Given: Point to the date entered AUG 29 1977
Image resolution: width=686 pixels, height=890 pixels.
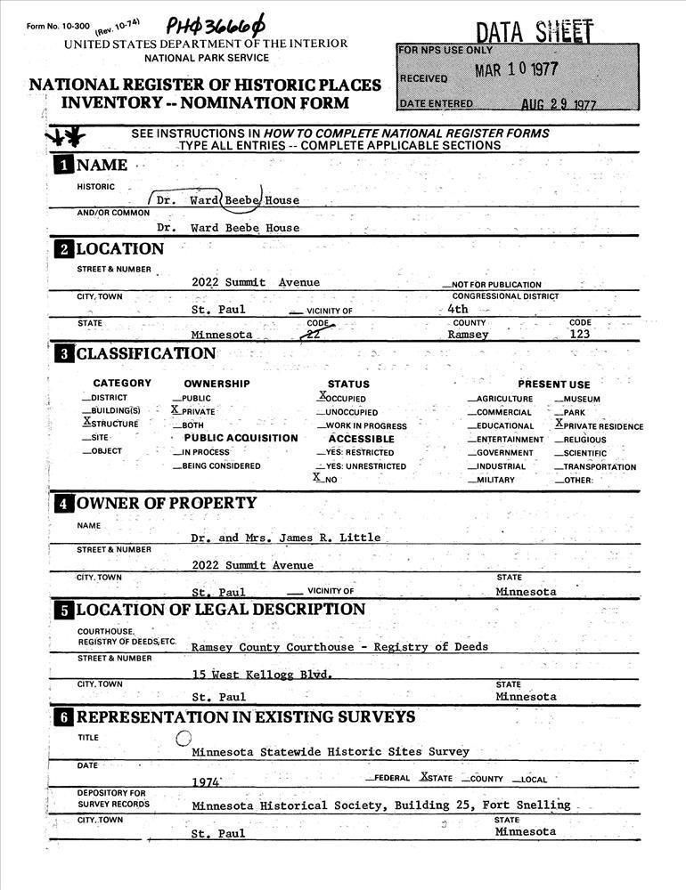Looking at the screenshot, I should [x=559, y=104].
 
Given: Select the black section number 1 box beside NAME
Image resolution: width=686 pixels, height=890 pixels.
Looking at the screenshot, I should [x=63, y=166].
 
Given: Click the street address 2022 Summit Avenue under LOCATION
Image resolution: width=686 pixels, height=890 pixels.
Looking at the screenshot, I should [x=255, y=282].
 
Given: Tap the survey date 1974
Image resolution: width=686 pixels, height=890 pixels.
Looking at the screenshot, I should [x=206, y=781].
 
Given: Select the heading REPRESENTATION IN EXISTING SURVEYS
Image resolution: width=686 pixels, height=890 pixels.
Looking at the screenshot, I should [x=245, y=717].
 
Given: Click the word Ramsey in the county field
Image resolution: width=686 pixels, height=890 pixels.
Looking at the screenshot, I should [x=468, y=335].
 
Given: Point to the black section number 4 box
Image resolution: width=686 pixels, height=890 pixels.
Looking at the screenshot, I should [x=63, y=504].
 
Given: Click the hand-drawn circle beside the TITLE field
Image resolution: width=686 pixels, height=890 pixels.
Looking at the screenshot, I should [x=184, y=737].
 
